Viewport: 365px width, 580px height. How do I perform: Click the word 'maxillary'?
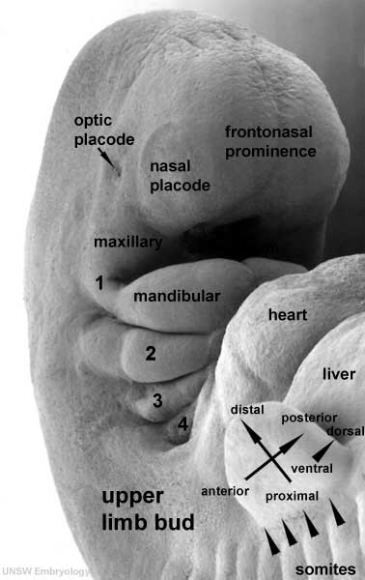point(127,240)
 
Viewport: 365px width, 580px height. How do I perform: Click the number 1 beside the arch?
point(99,282)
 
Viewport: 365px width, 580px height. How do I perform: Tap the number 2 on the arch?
point(150,353)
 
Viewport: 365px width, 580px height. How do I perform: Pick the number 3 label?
point(156,399)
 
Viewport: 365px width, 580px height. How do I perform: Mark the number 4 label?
point(182,422)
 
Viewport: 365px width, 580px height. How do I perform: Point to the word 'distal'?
point(247,411)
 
